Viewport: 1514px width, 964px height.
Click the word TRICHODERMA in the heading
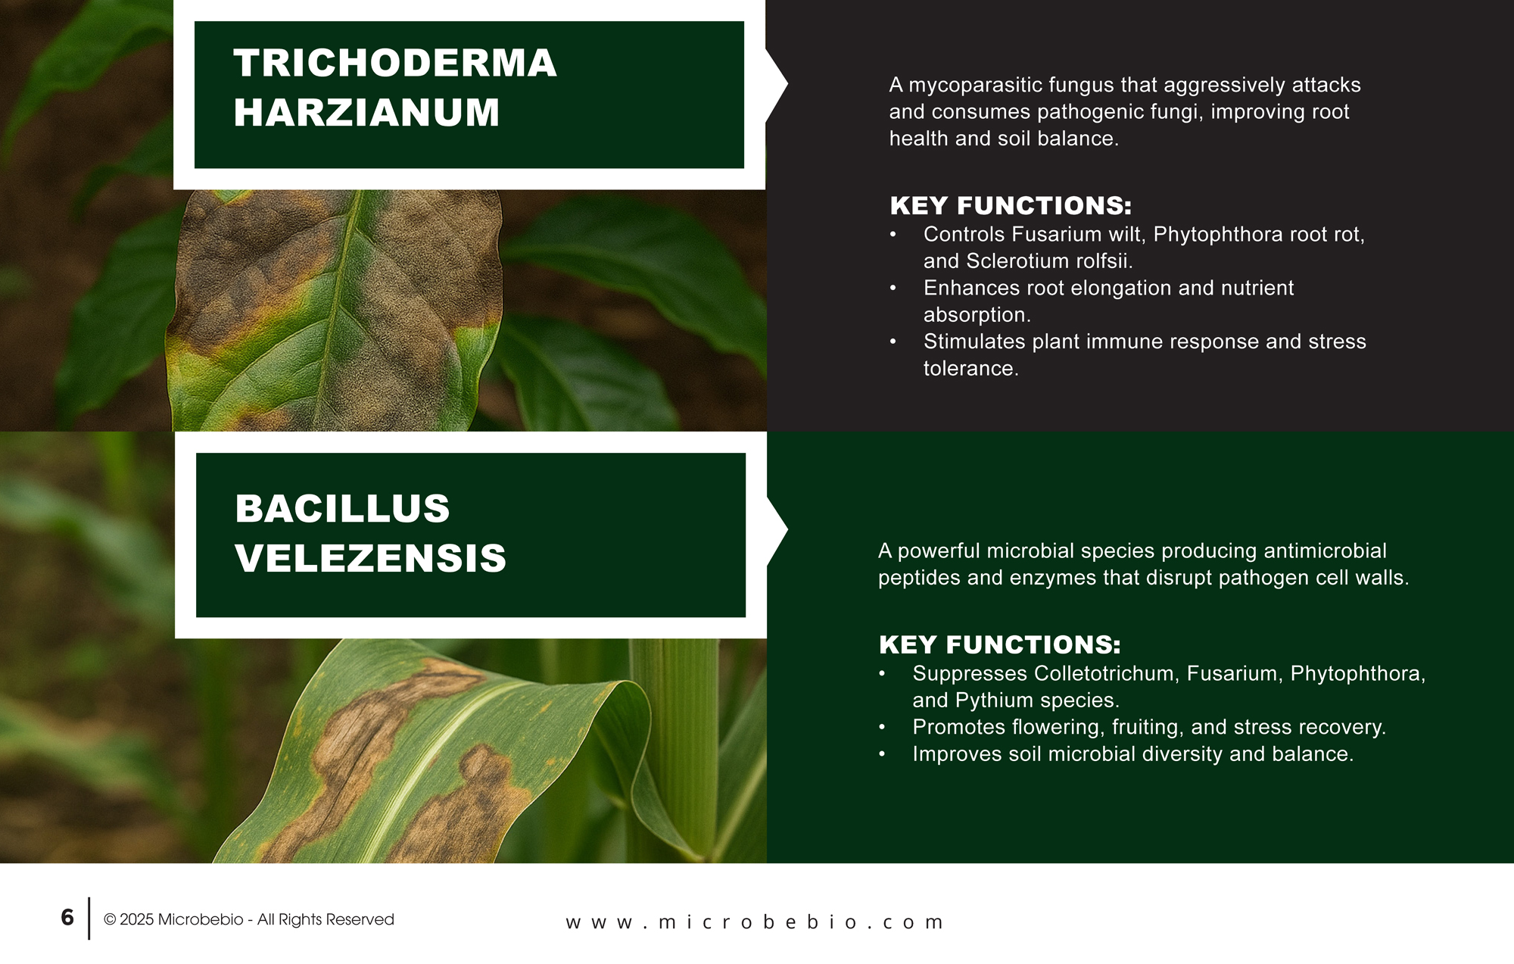(x=394, y=63)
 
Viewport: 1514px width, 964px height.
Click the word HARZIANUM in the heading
(x=366, y=113)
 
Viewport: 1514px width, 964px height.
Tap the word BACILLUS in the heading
(x=342, y=508)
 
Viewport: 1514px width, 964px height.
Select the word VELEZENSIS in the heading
(x=370, y=558)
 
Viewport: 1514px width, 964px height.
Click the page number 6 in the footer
(x=67, y=918)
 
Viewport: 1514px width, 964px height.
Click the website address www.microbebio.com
(x=755, y=922)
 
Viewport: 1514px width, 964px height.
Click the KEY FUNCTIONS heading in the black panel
(x=1011, y=206)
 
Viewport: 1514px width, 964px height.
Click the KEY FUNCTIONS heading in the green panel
(x=999, y=645)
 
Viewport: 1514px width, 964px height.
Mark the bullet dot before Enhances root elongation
(x=893, y=289)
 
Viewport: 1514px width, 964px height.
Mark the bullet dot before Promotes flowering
(x=882, y=728)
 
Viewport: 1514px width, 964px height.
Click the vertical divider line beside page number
(x=89, y=919)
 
